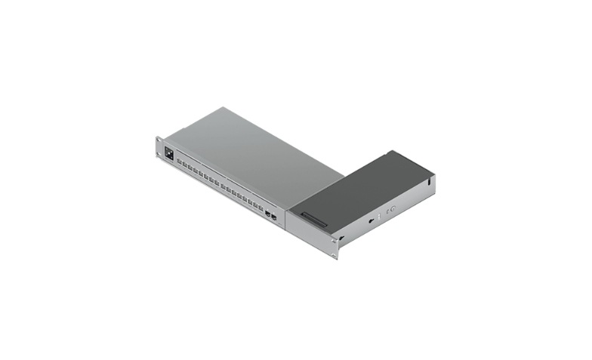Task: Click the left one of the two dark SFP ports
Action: point(268,214)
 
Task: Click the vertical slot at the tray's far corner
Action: point(428,181)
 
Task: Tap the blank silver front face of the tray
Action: point(306,230)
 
